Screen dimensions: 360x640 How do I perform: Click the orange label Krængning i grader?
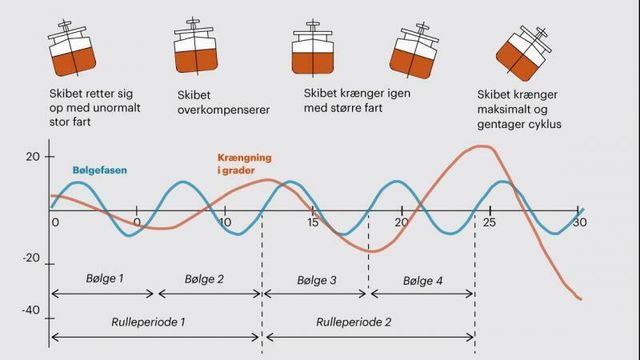click(x=251, y=164)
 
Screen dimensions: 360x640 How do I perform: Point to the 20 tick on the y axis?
click(x=33, y=157)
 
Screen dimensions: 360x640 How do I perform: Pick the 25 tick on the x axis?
click(x=489, y=221)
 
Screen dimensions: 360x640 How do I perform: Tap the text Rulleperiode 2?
click(x=355, y=323)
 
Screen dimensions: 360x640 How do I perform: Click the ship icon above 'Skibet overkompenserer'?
click(x=196, y=47)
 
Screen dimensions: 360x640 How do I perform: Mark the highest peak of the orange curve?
click(x=482, y=147)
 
